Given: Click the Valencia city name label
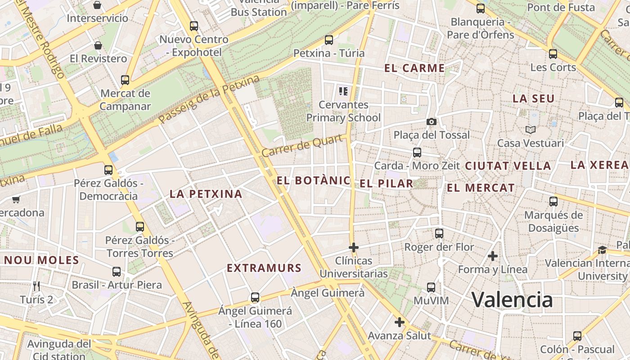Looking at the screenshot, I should click(512, 300).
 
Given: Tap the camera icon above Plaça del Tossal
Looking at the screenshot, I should click(431, 121).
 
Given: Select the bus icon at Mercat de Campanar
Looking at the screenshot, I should click(125, 80).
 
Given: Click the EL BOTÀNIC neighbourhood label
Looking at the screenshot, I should click(313, 181).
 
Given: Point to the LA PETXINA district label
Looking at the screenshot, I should click(206, 194).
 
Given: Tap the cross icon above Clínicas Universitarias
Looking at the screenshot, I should click(354, 247).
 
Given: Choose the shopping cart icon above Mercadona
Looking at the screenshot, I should click(16, 199).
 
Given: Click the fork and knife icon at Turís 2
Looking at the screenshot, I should click(36, 286).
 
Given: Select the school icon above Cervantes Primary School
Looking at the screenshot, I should click(343, 92).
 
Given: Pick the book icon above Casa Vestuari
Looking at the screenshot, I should click(530, 130).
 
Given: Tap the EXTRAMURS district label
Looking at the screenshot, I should click(264, 268).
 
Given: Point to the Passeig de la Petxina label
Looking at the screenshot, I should click(209, 100).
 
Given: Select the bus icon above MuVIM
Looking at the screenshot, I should click(431, 287).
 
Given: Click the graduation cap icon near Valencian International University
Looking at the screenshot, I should click(602, 250).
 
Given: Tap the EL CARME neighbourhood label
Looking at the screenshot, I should click(414, 68).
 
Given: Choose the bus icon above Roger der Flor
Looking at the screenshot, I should click(439, 234).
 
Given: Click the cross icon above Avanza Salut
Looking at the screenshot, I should click(399, 322).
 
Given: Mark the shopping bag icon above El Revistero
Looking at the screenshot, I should click(98, 45).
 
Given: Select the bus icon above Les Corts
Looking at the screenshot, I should click(553, 54).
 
